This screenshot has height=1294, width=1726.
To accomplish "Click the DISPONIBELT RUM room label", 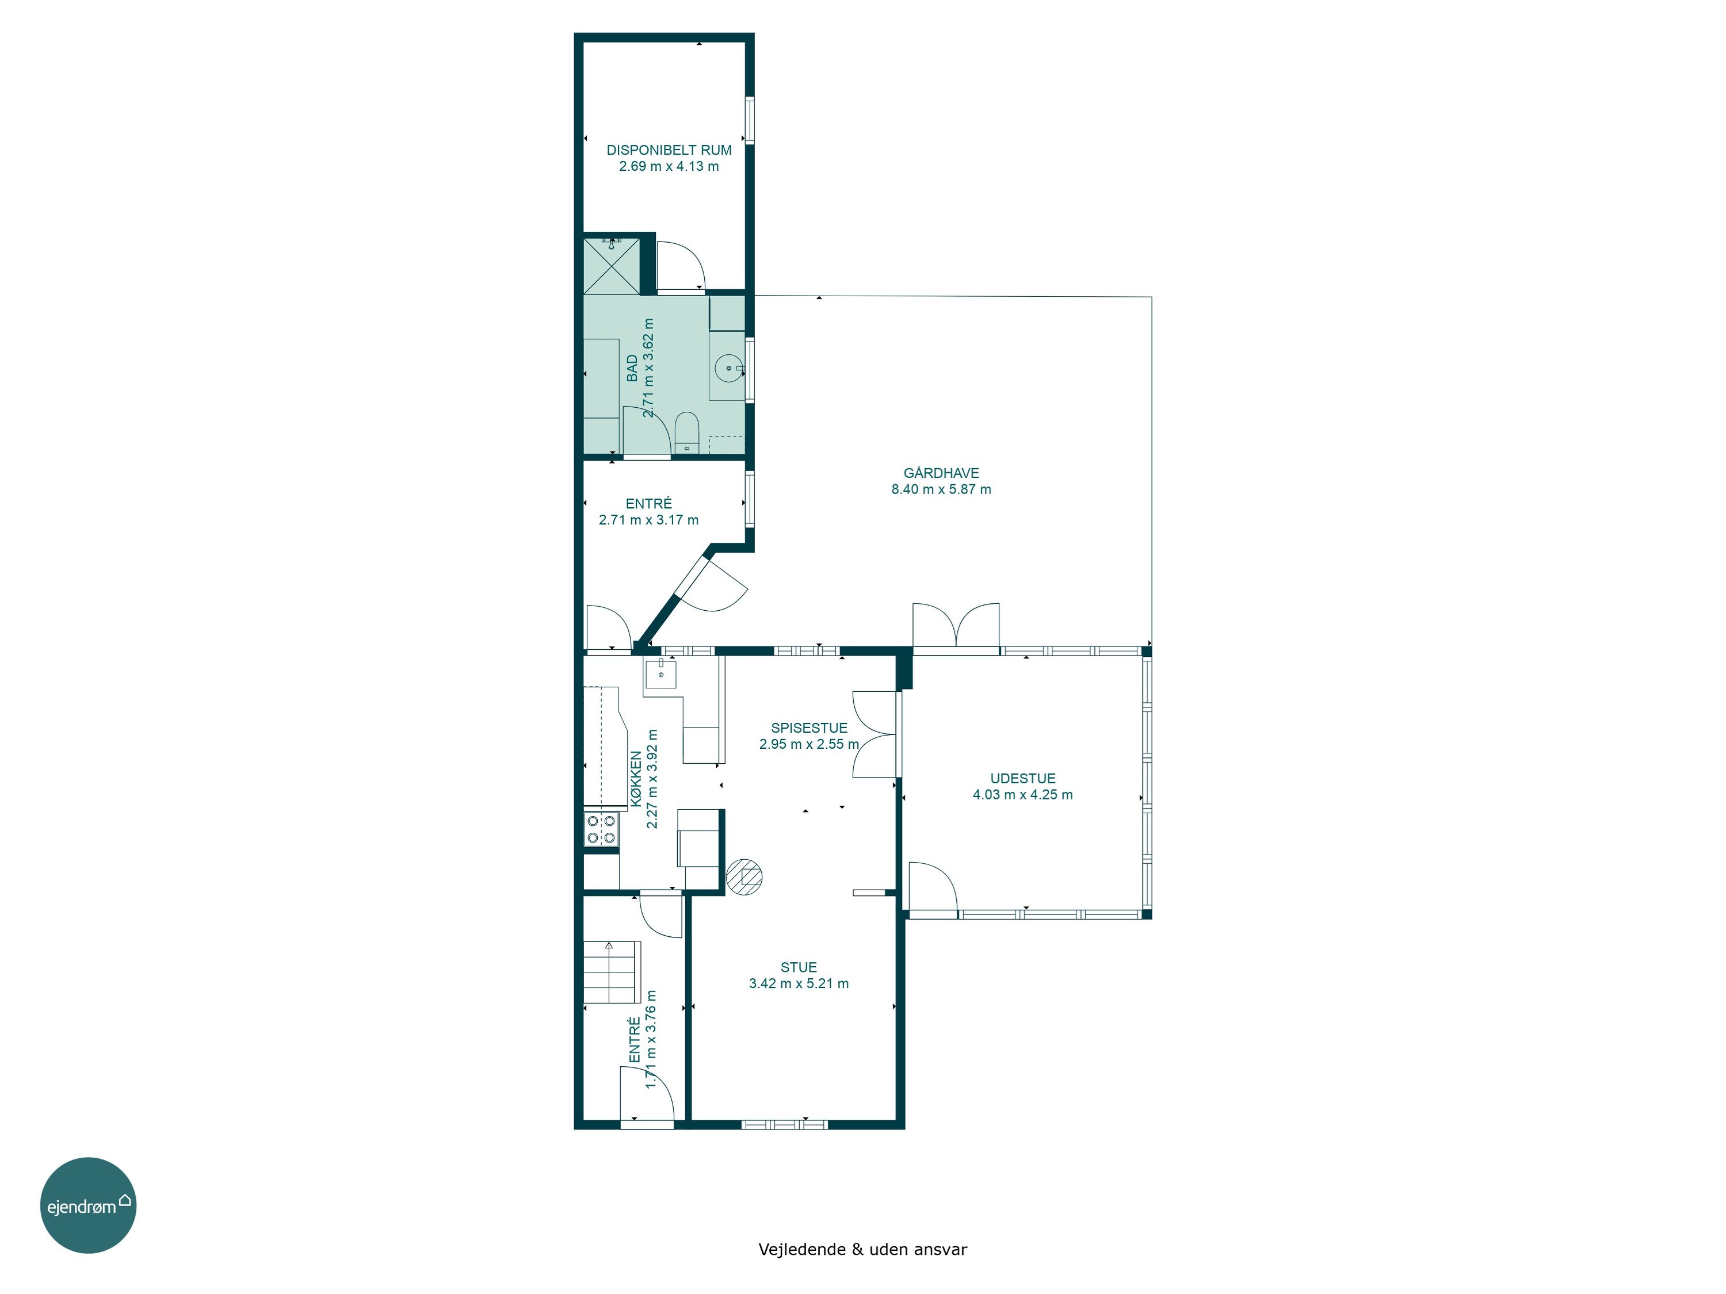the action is point(669,150).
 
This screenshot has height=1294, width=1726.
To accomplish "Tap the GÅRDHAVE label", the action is point(941,473).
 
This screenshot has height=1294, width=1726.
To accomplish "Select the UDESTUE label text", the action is point(1022,779).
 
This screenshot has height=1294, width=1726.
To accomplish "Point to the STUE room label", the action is point(798,967).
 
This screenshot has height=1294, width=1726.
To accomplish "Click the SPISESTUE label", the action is point(808,728).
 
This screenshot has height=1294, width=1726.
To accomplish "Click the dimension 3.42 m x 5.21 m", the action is point(798,983).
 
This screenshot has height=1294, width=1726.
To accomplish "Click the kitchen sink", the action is point(660,672).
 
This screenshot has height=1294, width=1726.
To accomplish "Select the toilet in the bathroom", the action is point(686,432).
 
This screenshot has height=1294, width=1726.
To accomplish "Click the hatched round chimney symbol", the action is point(744,876).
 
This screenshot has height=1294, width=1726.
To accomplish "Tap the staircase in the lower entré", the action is point(612,972).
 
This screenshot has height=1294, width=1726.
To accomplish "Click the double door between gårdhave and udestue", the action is point(956,626).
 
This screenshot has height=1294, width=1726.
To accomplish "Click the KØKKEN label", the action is point(637,779).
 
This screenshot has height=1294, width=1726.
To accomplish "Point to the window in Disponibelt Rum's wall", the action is point(749,120).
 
